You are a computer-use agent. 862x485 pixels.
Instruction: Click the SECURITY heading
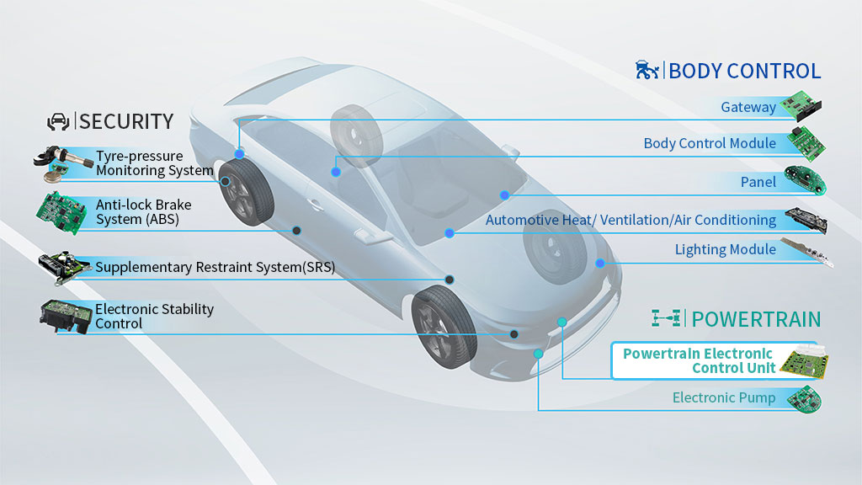click(x=126, y=121)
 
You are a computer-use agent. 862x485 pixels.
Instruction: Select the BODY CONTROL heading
click(x=744, y=71)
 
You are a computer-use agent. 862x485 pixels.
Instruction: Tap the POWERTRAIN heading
click(x=756, y=319)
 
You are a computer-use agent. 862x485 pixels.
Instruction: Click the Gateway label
click(x=748, y=107)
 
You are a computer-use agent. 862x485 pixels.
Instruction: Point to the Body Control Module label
click(x=710, y=143)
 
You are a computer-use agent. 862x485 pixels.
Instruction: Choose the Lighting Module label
click(x=725, y=249)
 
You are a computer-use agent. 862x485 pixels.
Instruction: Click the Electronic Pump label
click(x=723, y=397)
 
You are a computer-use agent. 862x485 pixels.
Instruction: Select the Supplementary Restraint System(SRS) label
click(x=215, y=267)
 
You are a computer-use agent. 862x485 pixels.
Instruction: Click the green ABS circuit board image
click(x=61, y=212)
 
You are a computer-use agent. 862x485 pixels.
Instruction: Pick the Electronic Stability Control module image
click(x=66, y=317)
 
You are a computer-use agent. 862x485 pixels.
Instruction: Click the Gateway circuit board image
click(x=801, y=105)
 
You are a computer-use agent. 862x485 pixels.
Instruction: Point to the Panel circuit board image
click(x=805, y=180)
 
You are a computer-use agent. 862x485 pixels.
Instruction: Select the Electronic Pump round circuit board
click(x=804, y=399)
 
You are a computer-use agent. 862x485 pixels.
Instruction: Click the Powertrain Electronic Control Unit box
click(x=720, y=360)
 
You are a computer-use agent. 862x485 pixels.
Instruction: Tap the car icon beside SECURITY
click(x=58, y=121)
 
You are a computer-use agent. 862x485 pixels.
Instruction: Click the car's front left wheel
click(x=444, y=327)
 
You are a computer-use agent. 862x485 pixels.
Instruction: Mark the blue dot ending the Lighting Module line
click(x=599, y=264)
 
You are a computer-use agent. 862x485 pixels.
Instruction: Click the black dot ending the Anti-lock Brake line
click(x=296, y=231)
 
